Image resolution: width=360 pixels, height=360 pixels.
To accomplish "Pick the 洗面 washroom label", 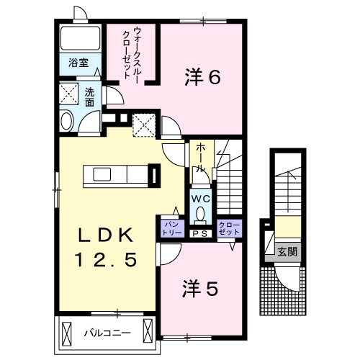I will click(x=89, y=97).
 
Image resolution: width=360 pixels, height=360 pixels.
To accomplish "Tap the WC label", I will click(x=200, y=197).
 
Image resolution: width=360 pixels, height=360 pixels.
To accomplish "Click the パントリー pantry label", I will click(x=171, y=228).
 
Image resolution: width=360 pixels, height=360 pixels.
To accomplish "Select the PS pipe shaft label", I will click(x=199, y=233).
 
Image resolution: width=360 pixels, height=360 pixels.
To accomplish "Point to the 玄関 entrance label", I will click(x=287, y=252).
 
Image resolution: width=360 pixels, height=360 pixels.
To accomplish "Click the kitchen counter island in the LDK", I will click(x=115, y=175).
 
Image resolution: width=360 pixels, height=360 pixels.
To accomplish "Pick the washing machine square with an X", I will click(x=70, y=94).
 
